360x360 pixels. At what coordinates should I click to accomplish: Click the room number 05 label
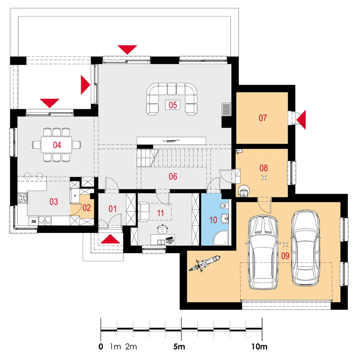(173, 105)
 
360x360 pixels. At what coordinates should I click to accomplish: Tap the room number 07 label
(263, 118)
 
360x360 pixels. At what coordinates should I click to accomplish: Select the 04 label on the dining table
(57, 145)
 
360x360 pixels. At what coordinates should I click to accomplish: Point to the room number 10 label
(213, 220)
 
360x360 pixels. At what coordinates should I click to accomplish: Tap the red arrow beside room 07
(301, 120)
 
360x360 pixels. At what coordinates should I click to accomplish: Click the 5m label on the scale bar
(179, 346)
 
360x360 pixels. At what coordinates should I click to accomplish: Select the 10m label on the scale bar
(260, 346)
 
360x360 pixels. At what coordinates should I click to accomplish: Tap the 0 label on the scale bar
(101, 346)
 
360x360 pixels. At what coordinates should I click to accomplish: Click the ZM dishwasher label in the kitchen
(33, 221)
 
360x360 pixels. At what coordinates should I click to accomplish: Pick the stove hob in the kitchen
(22, 198)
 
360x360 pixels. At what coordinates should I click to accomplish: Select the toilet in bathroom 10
(224, 206)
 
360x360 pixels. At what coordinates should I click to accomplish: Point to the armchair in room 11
(143, 212)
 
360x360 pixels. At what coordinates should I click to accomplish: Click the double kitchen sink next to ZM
(45, 220)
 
